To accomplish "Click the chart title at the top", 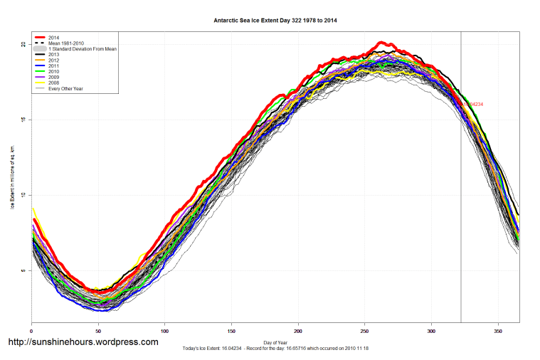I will pyautogui.click(x=275, y=21).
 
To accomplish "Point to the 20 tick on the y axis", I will pyautogui.click(x=23, y=44).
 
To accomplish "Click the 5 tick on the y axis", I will pyautogui.click(x=23, y=271).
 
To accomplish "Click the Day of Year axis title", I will pyautogui.click(x=275, y=342).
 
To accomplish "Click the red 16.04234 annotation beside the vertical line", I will pyautogui.click(x=473, y=105).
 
